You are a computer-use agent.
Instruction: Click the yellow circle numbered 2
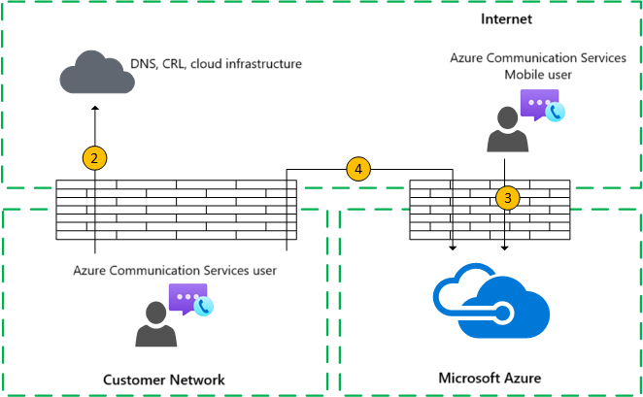point(94,157)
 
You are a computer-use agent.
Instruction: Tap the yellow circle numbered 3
point(506,198)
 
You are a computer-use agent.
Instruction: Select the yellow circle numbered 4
point(358,169)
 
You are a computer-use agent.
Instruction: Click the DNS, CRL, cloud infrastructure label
point(217,64)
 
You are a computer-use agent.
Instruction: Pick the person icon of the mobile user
point(506,130)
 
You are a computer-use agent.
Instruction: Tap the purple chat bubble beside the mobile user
point(537,103)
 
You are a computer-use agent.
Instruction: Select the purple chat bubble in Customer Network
point(186,297)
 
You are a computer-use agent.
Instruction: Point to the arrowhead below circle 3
point(506,248)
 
